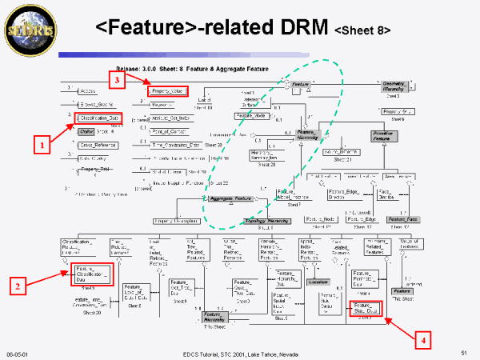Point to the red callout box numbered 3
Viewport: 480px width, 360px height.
pyautogui.click(x=117, y=80)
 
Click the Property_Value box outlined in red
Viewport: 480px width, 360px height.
pyautogui.click(x=167, y=91)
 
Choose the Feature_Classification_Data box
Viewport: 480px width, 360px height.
pyautogui.click(x=90, y=274)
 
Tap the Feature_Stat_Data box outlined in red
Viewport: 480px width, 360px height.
pyautogui.click(x=370, y=309)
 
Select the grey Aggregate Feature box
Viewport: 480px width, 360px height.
pyautogui.click(x=231, y=198)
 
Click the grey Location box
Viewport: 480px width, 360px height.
pyautogui.click(x=318, y=282)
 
